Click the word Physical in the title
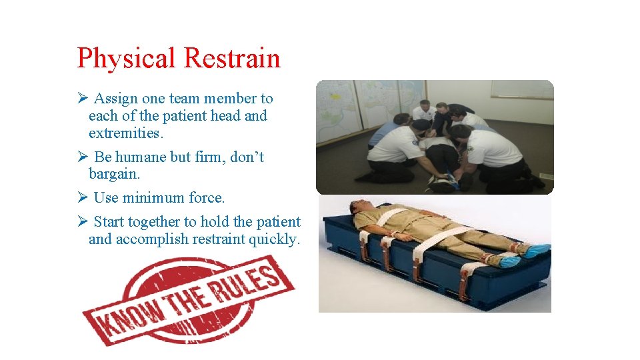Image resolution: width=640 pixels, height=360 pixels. coord(127,59)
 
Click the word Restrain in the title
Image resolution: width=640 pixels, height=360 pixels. coord(231,59)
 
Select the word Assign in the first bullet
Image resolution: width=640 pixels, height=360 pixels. coord(116,99)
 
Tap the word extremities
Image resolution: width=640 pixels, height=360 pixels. coord(125,133)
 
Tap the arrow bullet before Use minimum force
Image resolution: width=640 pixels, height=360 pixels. coord(83,198)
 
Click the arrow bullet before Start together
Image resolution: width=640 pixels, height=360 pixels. coord(83,222)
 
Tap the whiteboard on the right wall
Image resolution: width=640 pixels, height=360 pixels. coord(521,89)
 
